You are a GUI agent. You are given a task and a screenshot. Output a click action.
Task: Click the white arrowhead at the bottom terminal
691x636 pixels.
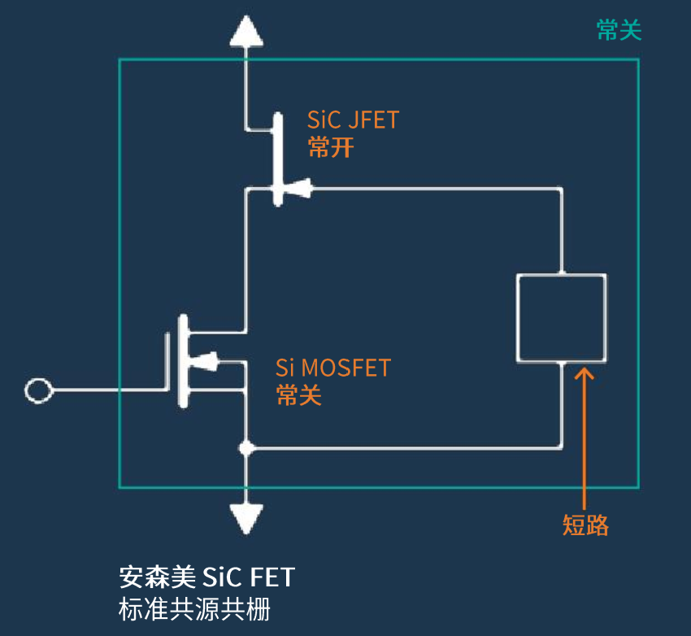click(x=246, y=517)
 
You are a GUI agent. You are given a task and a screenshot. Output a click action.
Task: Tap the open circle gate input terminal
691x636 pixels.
click(x=37, y=391)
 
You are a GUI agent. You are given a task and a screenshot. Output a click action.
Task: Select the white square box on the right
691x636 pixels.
click(x=561, y=316)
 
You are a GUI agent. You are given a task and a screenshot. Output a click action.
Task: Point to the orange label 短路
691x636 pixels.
click(x=585, y=525)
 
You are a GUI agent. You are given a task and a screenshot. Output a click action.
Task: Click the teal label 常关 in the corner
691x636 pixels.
click(x=619, y=31)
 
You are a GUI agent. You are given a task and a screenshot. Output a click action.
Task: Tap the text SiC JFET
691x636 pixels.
click(x=353, y=120)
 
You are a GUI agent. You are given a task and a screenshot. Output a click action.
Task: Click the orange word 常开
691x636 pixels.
click(x=331, y=147)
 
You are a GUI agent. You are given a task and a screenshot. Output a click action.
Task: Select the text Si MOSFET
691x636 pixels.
click(x=333, y=368)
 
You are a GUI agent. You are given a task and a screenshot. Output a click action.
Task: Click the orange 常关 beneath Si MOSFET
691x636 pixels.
click(x=299, y=395)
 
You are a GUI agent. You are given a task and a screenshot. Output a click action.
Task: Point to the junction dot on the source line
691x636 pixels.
click(x=246, y=448)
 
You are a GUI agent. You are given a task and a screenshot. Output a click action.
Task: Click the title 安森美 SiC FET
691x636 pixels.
click(x=206, y=577)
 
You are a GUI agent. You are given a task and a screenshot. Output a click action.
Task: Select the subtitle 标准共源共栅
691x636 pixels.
click(x=194, y=609)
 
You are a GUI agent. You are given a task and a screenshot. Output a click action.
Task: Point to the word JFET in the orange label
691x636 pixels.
click(x=373, y=120)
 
